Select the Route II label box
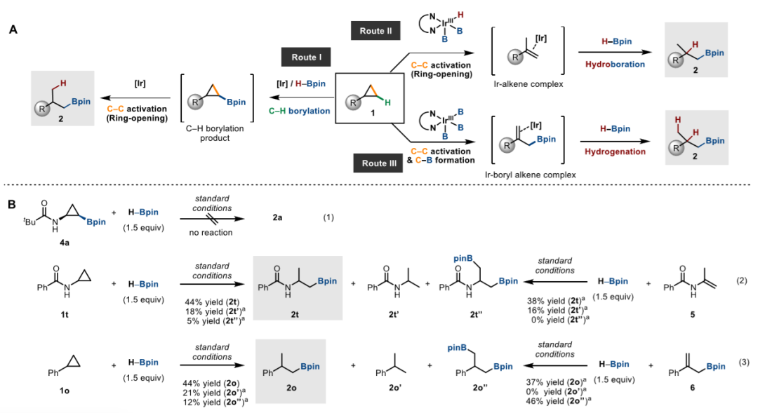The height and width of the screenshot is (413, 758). [375, 31]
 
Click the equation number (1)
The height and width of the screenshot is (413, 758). [328, 217]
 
